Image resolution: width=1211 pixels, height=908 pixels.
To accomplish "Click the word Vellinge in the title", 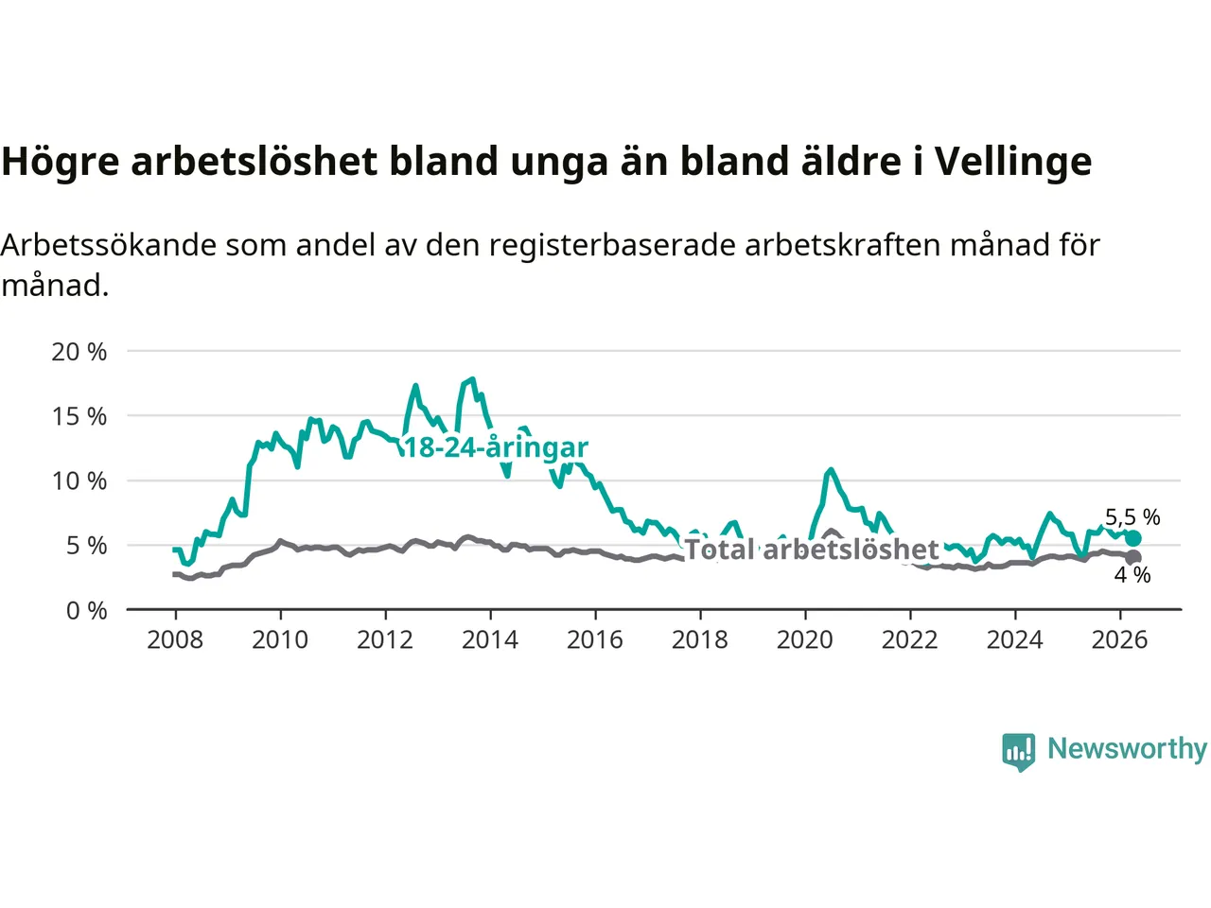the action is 1013,163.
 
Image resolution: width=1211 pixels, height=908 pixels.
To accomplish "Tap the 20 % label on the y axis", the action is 79,352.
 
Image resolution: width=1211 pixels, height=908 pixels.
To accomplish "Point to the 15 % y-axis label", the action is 79,416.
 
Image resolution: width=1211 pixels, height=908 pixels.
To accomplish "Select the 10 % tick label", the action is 79,481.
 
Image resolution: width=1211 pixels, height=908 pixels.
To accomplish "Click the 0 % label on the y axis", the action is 87,611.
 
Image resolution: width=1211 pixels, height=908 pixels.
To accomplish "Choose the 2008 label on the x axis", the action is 175,640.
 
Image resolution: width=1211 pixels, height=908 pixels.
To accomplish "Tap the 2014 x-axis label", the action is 490,640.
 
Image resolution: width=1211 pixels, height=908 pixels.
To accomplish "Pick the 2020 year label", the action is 805,640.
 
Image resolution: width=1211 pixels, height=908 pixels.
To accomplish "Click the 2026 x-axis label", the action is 1119,640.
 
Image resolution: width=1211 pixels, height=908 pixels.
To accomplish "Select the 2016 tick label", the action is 595,640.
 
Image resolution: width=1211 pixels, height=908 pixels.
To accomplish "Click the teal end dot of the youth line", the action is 1133,538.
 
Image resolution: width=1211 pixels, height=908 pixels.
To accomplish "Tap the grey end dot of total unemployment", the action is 1133,557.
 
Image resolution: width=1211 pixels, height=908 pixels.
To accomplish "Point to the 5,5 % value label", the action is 1132,517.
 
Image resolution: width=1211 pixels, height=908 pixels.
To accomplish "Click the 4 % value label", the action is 1132,575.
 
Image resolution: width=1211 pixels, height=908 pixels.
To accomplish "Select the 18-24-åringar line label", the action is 496,447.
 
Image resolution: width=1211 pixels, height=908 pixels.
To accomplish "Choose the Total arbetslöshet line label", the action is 812,550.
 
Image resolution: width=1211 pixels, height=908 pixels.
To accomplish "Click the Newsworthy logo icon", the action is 1018,752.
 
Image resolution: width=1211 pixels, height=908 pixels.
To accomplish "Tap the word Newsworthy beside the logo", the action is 1127,749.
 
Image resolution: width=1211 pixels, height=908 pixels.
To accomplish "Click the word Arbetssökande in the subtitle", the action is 109,245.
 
